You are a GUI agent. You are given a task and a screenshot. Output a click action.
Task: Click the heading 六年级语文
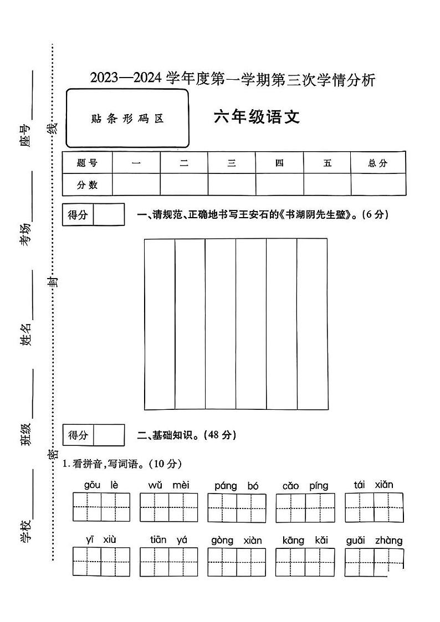(x=257, y=117)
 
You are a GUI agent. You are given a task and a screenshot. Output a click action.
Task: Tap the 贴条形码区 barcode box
(x=127, y=119)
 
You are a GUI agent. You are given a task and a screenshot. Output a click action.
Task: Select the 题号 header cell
(x=87, y=163)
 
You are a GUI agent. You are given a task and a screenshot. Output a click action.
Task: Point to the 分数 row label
(x=87, y=185)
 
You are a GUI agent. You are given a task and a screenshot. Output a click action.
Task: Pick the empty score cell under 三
(x=232, y=185)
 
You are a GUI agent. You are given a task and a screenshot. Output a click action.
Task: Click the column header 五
(x=327, y=163)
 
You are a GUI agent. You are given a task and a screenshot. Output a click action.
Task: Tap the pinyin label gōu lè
(x=101, y=485)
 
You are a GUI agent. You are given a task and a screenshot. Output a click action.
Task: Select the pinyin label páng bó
(x=237, y=486)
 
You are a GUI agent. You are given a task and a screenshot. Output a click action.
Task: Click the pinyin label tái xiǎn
(x=374, y=485)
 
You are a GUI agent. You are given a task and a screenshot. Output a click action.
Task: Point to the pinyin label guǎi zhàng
(x=374, y=540)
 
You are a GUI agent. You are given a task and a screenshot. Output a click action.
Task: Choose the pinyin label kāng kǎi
(x=305, y=540)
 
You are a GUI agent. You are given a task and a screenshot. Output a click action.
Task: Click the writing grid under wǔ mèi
(x=168, y=507)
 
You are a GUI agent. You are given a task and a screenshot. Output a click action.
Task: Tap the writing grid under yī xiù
(x=101, y=562)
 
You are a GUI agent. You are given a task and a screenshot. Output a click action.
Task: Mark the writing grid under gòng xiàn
(x=237, y=562)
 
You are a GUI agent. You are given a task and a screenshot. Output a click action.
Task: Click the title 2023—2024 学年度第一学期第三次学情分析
(x=233, y=80)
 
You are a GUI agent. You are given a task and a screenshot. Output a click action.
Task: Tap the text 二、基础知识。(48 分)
(x=186, y=435)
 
